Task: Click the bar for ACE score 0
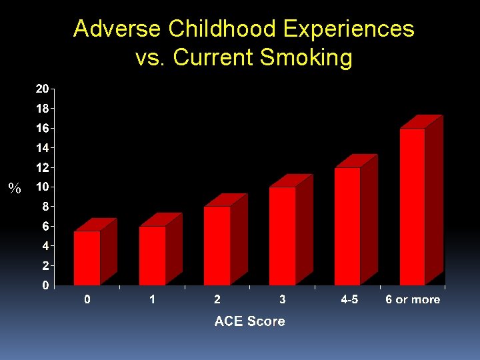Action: click(87, 258)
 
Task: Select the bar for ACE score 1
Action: click(153, 256)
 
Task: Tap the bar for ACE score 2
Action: click(217, 246)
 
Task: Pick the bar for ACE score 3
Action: click(283, 236)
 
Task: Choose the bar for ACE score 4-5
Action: click(347, 227)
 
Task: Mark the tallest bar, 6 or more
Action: click(413, 207)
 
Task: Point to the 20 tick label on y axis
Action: click(42, 89)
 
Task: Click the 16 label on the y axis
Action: click(42, 128)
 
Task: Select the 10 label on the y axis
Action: click(42, 187)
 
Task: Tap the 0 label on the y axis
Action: click(45, 285)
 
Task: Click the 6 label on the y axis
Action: click(45, 227)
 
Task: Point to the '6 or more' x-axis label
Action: click(413, 300)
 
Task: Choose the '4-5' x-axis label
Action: click(349, 300)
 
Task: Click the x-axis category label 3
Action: click(283, 300)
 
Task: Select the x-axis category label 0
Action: click(87, 300)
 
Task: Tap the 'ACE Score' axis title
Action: click(249, 321)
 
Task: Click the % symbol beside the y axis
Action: click(15, 189)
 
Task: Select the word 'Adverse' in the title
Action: click(117, 29)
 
